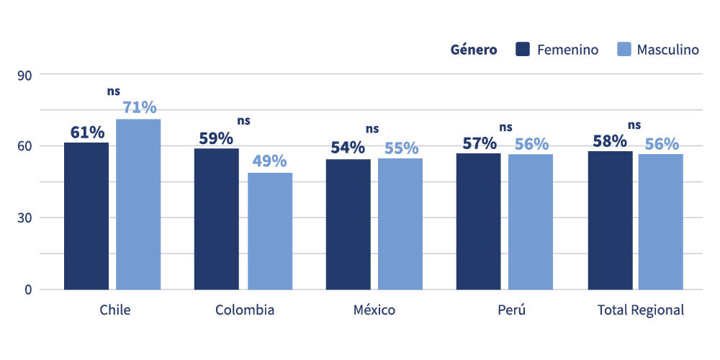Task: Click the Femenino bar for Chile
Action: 86,216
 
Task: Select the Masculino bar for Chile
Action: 138,204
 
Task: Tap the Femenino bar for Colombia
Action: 216,219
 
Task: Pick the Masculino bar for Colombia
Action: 270,231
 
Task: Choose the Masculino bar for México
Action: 400,224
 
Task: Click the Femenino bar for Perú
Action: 478,222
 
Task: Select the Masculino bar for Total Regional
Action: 660,222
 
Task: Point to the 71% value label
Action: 140,107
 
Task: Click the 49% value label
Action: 269,161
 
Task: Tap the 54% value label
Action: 348,148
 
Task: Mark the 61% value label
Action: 87,132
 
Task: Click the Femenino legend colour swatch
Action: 523,50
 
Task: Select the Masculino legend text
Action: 667,50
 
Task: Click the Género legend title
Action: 474,50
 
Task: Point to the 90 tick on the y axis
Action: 25,74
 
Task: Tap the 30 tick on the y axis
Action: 25,217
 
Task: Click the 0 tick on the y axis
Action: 28,289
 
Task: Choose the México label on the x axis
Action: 374,310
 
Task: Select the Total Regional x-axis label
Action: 641,310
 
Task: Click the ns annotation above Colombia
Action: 244,120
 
